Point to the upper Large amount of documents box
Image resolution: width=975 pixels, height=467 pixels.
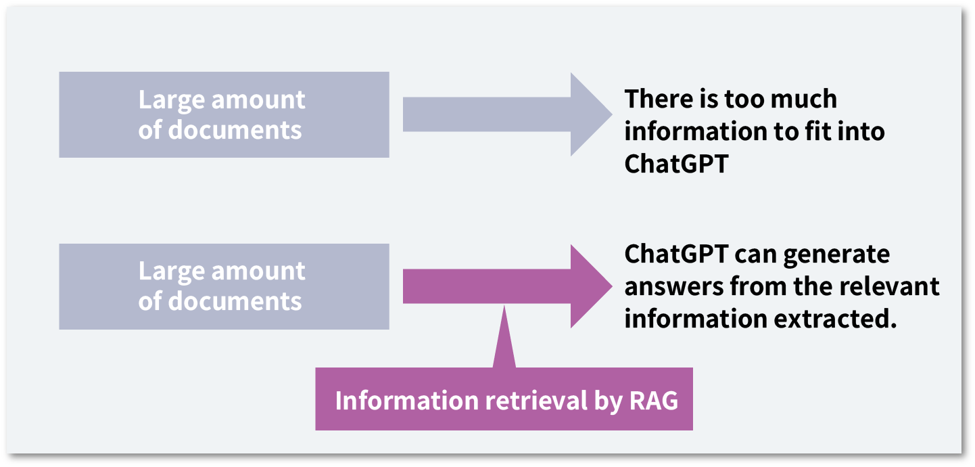[x=224, y=114]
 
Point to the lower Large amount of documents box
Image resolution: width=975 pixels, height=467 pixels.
[x=224, y=286]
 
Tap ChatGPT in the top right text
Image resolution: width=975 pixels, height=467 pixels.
[x=676, y=164]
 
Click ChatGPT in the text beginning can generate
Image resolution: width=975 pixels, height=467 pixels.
[x=676, y=254]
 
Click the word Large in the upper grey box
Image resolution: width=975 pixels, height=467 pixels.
[x=169, y=100]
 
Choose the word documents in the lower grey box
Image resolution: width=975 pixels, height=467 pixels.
[x=235, y=301]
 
